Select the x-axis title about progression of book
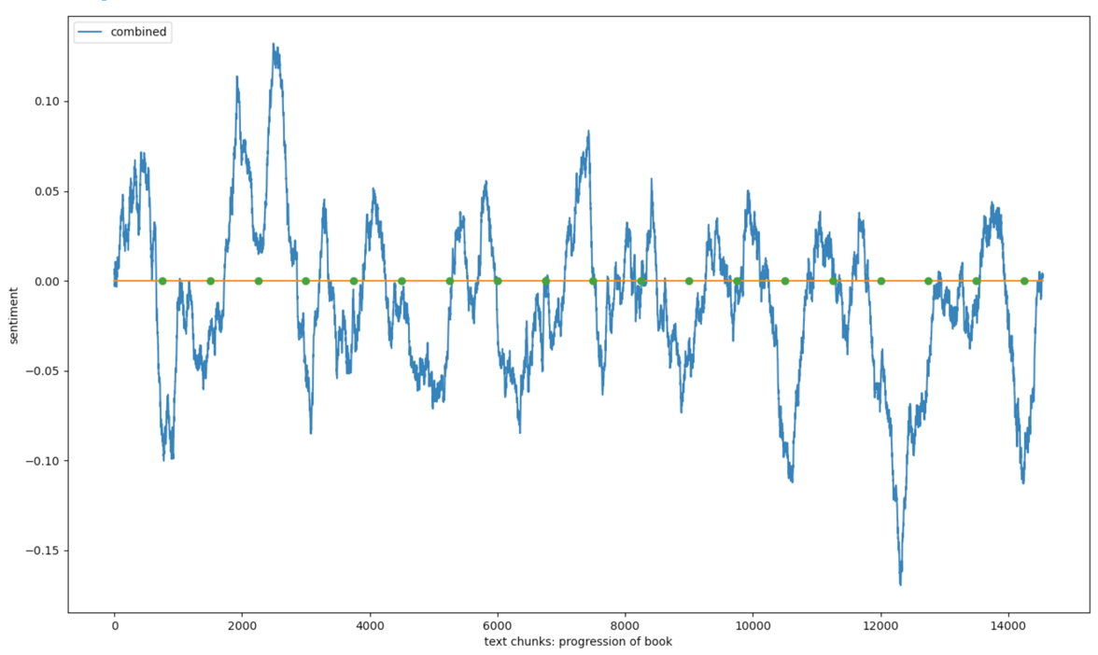578,642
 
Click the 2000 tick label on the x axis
242,625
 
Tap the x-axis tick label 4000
370,625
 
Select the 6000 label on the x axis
498,625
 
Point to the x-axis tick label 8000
625,625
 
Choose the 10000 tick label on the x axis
753,625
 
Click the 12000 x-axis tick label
880,625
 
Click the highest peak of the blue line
274,43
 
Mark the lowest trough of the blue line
901,585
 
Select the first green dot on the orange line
162,281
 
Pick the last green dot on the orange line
1024,281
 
